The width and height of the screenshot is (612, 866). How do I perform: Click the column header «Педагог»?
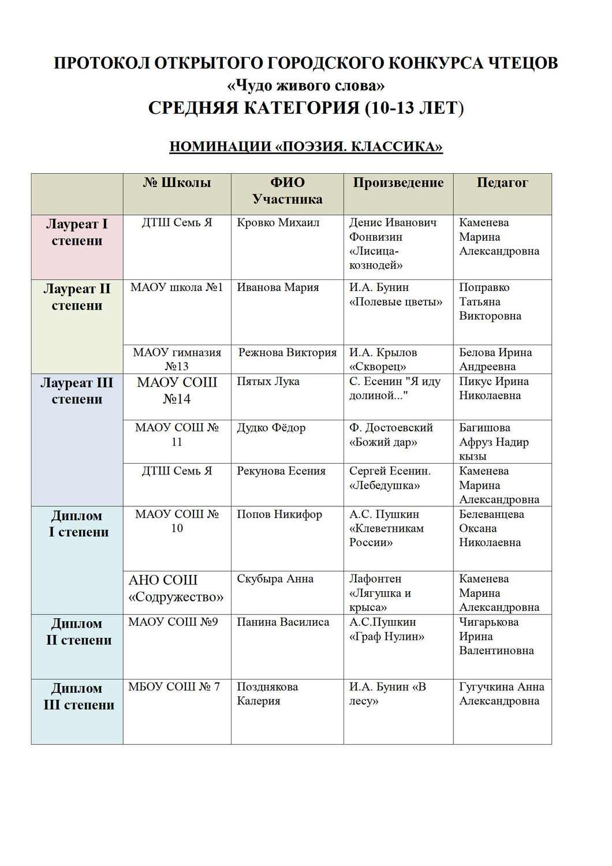click(502, 183)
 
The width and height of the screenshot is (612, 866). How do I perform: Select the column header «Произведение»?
click(398, 183)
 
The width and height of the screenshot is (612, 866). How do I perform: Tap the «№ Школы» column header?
click(177, 183)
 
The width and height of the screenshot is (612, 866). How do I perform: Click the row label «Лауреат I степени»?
click(77, 232)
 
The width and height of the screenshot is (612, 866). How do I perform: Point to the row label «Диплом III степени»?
click(79, 696)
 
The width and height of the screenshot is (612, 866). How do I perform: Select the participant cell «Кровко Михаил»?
click(278, 223)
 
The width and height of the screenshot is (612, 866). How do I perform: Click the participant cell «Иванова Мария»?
click(278, 288)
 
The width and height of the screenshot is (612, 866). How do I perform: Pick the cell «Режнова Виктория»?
click(287, 353)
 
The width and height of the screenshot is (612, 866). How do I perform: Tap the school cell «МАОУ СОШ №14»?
click(177, 390)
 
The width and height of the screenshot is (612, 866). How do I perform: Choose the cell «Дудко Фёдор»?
click(271, 428)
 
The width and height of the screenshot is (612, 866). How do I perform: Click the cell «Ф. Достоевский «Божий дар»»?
click(391, 435)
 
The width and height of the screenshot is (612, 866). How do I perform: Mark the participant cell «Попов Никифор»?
click(279, 514)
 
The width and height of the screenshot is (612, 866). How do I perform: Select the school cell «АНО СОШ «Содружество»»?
click(176, 588)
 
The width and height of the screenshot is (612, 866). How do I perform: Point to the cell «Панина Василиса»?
click(283, 622)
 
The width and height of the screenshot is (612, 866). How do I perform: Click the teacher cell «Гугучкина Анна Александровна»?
click(501, 694)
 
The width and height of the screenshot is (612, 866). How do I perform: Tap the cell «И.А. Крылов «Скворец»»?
click(383, 359)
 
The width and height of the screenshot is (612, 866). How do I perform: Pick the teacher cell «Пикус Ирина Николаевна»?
click(494, 389)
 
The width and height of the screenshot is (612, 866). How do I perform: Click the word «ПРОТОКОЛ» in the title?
click(101, 63)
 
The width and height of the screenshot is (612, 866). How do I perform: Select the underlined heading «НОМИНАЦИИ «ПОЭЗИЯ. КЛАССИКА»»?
click(305, 147)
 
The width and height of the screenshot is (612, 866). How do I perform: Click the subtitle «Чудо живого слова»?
click(305, 86)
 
